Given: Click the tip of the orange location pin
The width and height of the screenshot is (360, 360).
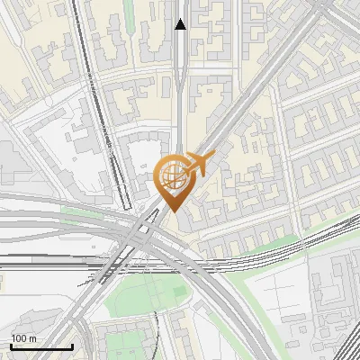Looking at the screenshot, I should click(174, 212).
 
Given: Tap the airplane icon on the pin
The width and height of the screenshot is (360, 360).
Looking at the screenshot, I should click(197, 164).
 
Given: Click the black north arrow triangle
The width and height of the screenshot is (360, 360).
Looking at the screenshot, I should click(181, 24).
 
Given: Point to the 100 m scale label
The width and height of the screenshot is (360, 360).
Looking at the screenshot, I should click(24, 337).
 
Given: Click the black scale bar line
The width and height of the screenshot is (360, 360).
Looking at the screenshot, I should click(40, 346).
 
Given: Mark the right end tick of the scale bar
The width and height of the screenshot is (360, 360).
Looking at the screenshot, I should click(72, 345).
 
